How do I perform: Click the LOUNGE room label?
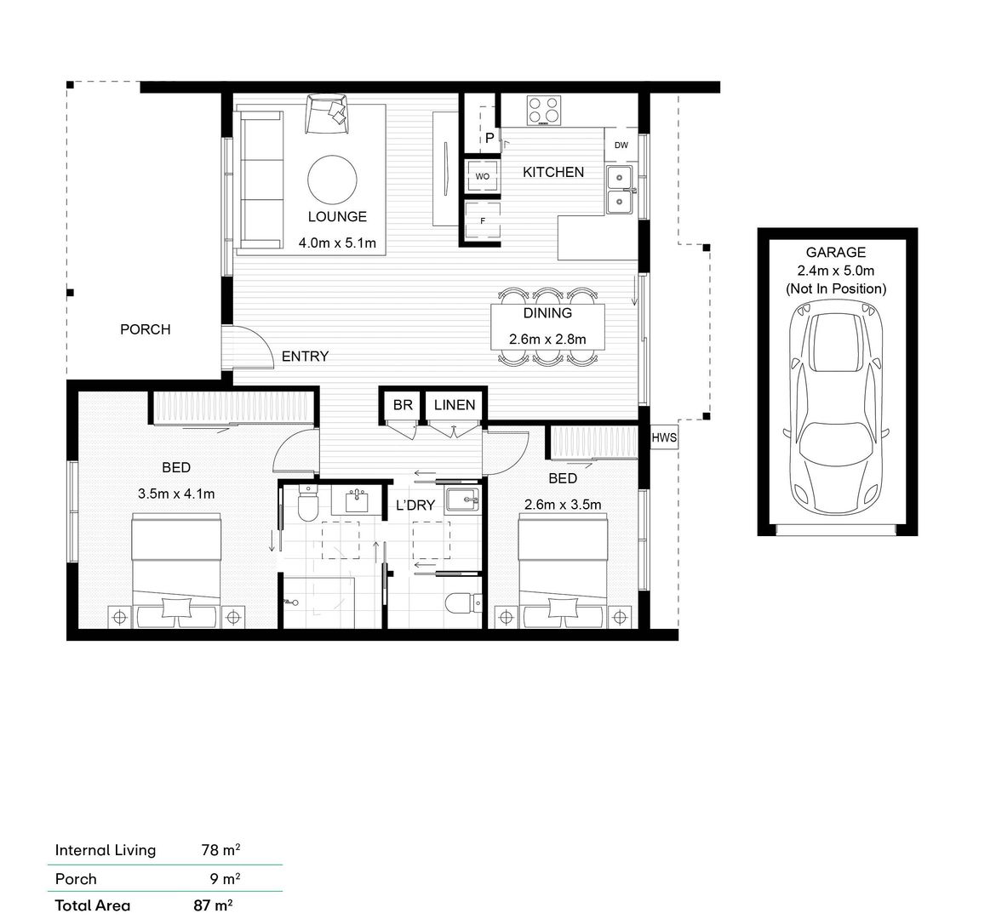337,217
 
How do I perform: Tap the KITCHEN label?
553,172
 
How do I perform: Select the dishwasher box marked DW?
621,146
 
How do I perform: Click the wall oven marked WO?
482,176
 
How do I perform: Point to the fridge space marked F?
483,220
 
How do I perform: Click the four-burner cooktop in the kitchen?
544,110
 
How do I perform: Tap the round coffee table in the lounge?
332,180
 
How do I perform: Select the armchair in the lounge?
327,114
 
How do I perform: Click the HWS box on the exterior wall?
664,437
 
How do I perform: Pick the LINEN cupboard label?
455,404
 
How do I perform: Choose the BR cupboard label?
403,404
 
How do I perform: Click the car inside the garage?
836,407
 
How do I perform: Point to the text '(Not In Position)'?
836,289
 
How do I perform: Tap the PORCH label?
146,329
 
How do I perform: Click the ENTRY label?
306,357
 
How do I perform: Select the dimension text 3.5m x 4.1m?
176,494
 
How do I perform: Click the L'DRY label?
415,505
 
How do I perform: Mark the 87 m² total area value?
213,905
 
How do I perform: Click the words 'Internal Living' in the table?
106,850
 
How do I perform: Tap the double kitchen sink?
620,189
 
